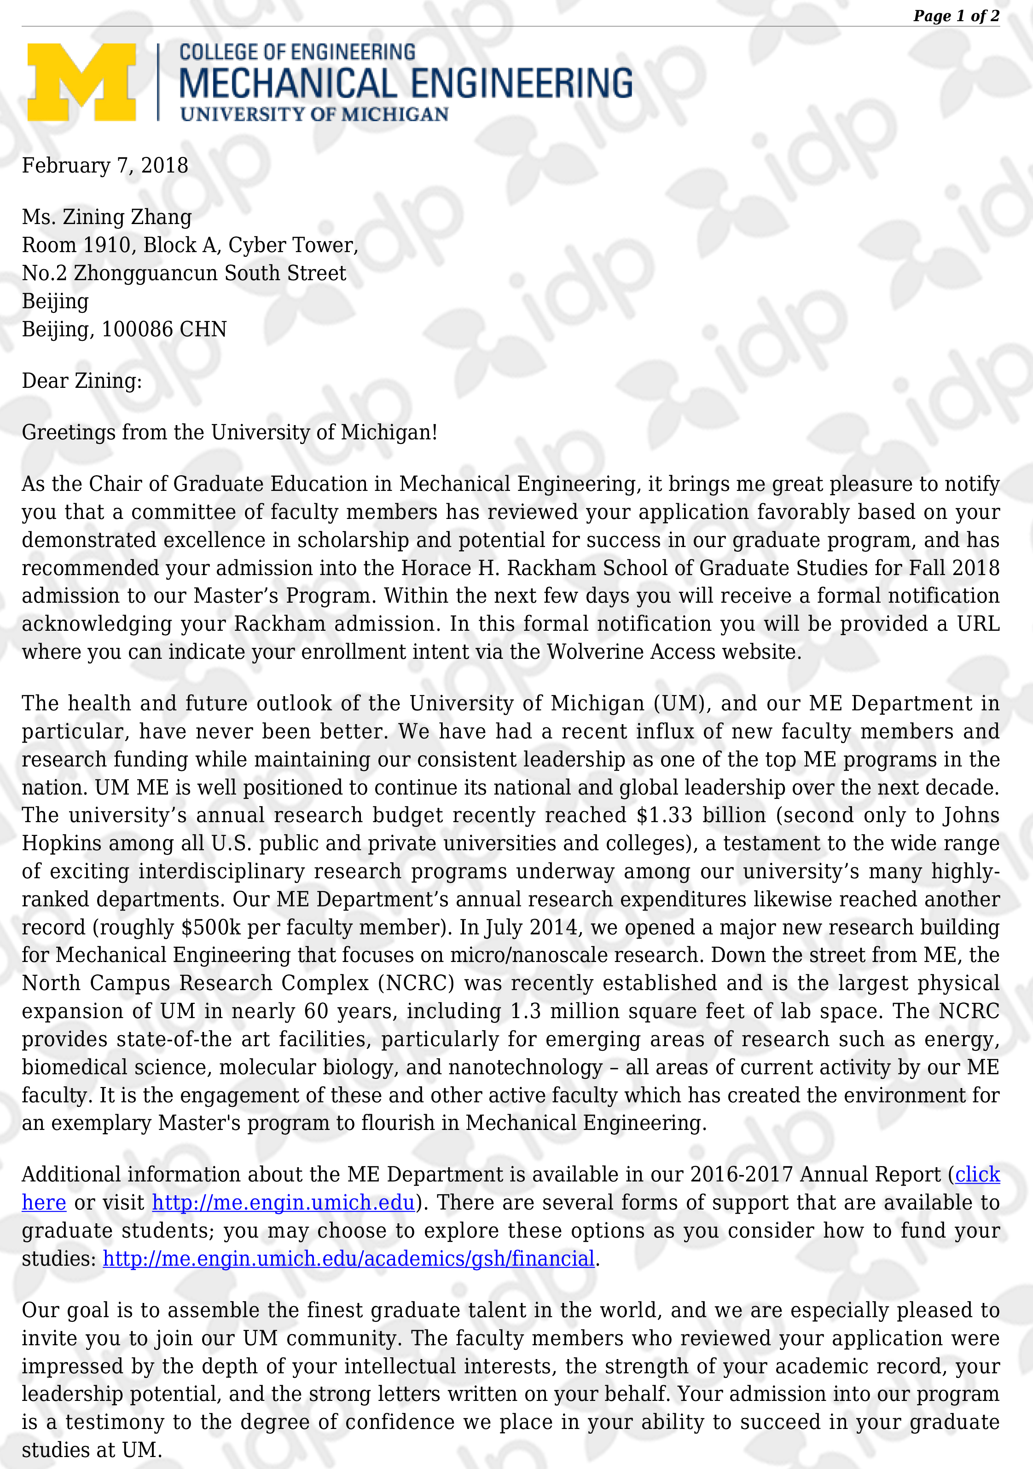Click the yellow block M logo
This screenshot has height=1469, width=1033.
click(81, 82)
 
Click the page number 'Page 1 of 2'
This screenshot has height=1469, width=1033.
click(956, 16)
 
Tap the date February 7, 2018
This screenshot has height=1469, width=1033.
click(105, 166)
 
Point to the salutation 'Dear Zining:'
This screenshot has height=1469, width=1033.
click(82, 381)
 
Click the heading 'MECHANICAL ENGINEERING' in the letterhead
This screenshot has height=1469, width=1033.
click(406, 84)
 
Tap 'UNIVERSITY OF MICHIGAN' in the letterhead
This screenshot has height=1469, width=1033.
click(314, 115)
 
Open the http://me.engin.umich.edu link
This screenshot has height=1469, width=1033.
click(284, 1203)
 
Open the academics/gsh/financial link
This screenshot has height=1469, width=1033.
click(349, 1259)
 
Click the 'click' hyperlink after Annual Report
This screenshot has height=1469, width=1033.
click(977, 1175)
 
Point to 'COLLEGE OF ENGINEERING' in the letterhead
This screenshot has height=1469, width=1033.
click(297, 52)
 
